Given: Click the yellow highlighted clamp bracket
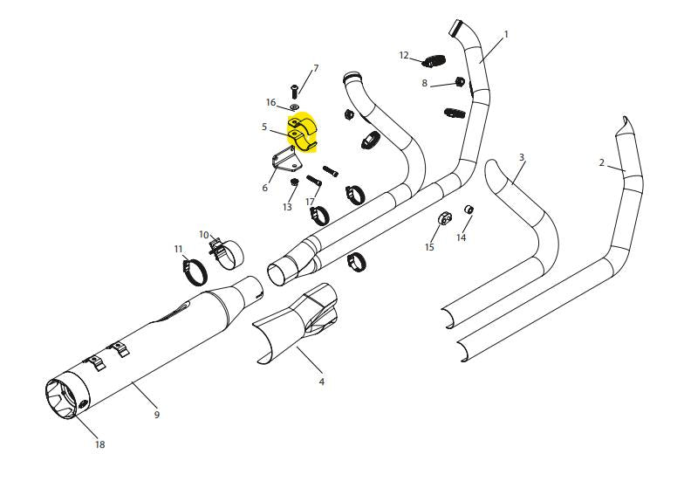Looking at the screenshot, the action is (302, 134).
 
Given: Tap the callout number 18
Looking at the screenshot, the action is (99, 444).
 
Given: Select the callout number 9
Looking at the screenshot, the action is (157, 414).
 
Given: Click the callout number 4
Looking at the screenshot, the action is (321, 382).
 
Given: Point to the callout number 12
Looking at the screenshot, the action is (404, 56).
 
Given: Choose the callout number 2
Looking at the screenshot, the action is (602, 162).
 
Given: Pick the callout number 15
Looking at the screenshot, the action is (429, 247).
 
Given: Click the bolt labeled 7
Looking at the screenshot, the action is (295, 91).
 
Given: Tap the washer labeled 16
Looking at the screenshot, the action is (295, 107).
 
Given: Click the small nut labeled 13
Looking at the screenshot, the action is (294, 182).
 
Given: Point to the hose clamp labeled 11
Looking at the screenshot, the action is (195, 272).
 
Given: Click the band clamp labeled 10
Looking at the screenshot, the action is (227, 253).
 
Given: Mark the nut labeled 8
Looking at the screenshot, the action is (459, 82).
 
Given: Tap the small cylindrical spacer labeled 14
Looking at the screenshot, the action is (469, 210).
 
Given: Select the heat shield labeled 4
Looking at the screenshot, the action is (295, 323).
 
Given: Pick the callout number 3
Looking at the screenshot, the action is (522, 157).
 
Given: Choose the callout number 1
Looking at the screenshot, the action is (506, 34).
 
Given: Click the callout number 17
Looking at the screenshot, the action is (310, 202).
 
